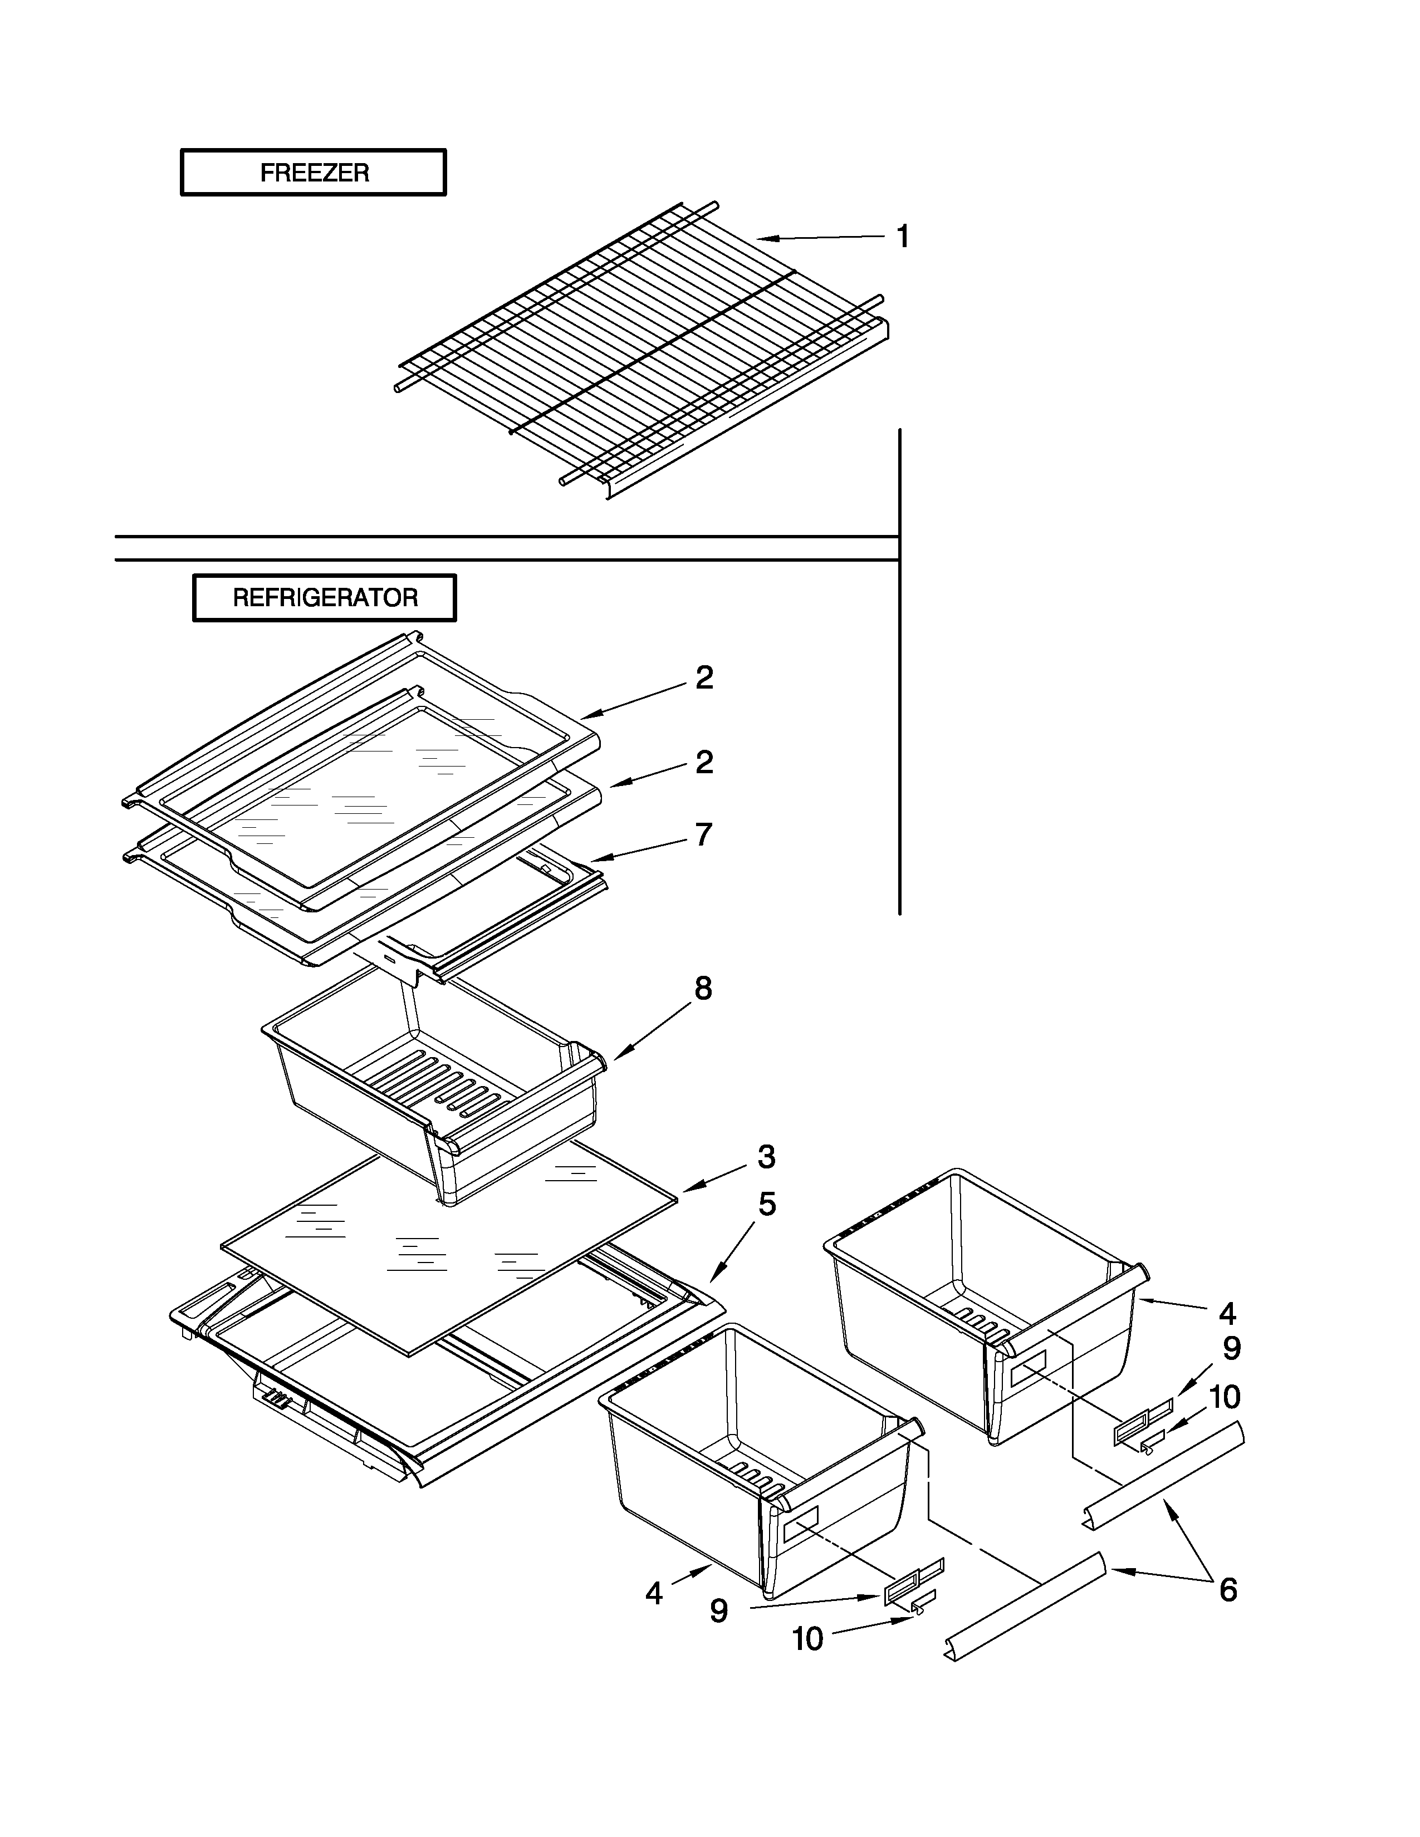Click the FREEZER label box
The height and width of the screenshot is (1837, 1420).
tap(313, 173)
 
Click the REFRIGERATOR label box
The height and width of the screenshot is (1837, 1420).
tap(325, 598)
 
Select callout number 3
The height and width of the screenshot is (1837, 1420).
tap(766, 1157)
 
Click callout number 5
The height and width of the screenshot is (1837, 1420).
tap(766, 1205)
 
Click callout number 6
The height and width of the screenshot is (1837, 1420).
tap(1228, 1590)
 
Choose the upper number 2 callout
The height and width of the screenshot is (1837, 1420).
tap(704, 678)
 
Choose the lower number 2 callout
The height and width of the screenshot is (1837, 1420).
tap(704, 762)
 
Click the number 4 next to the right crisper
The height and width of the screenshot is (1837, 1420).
tap(1227, 1313)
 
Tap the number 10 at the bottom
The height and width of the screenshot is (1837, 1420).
tap(807, 1638)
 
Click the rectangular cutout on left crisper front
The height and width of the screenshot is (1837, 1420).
tap(800, 1524)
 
